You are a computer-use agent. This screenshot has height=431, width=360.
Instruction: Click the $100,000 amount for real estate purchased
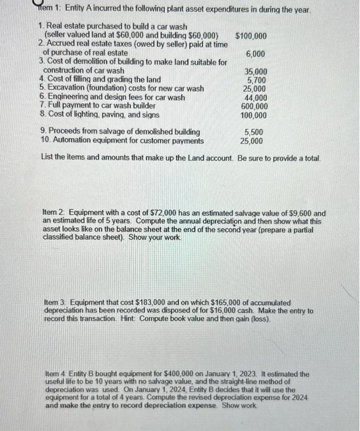[251, 36]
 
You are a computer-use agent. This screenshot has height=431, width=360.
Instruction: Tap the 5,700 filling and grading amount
[257, 80]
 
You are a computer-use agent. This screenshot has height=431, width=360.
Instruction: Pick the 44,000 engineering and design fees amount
[256, 97]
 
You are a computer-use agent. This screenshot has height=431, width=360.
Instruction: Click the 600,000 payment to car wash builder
[254, 106]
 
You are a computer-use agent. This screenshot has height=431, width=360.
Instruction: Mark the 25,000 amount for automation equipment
[252, 141]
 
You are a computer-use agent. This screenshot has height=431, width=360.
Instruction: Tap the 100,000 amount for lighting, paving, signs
[254, 115]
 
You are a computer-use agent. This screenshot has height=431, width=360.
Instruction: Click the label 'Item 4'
[57, 374]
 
